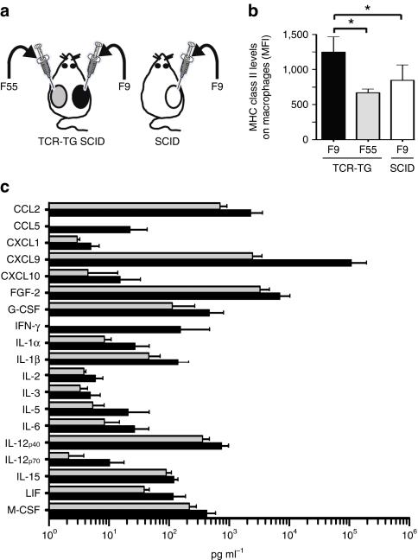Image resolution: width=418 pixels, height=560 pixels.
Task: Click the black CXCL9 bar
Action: tap(199, 262)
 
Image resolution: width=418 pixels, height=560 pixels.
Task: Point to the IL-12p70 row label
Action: tap(23, 458)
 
